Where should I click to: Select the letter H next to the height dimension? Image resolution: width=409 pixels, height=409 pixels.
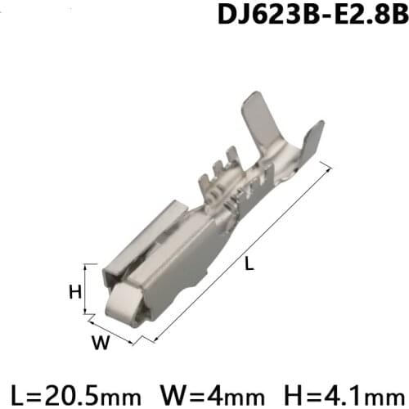click(73, 290)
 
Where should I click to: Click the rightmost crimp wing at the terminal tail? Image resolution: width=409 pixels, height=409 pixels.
click(310, 139)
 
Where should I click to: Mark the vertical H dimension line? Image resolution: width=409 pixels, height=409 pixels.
click(85, 290)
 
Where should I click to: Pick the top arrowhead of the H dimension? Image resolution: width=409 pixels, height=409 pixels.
click(85, 268)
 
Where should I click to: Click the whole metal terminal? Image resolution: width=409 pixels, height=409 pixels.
click(204, 221)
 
